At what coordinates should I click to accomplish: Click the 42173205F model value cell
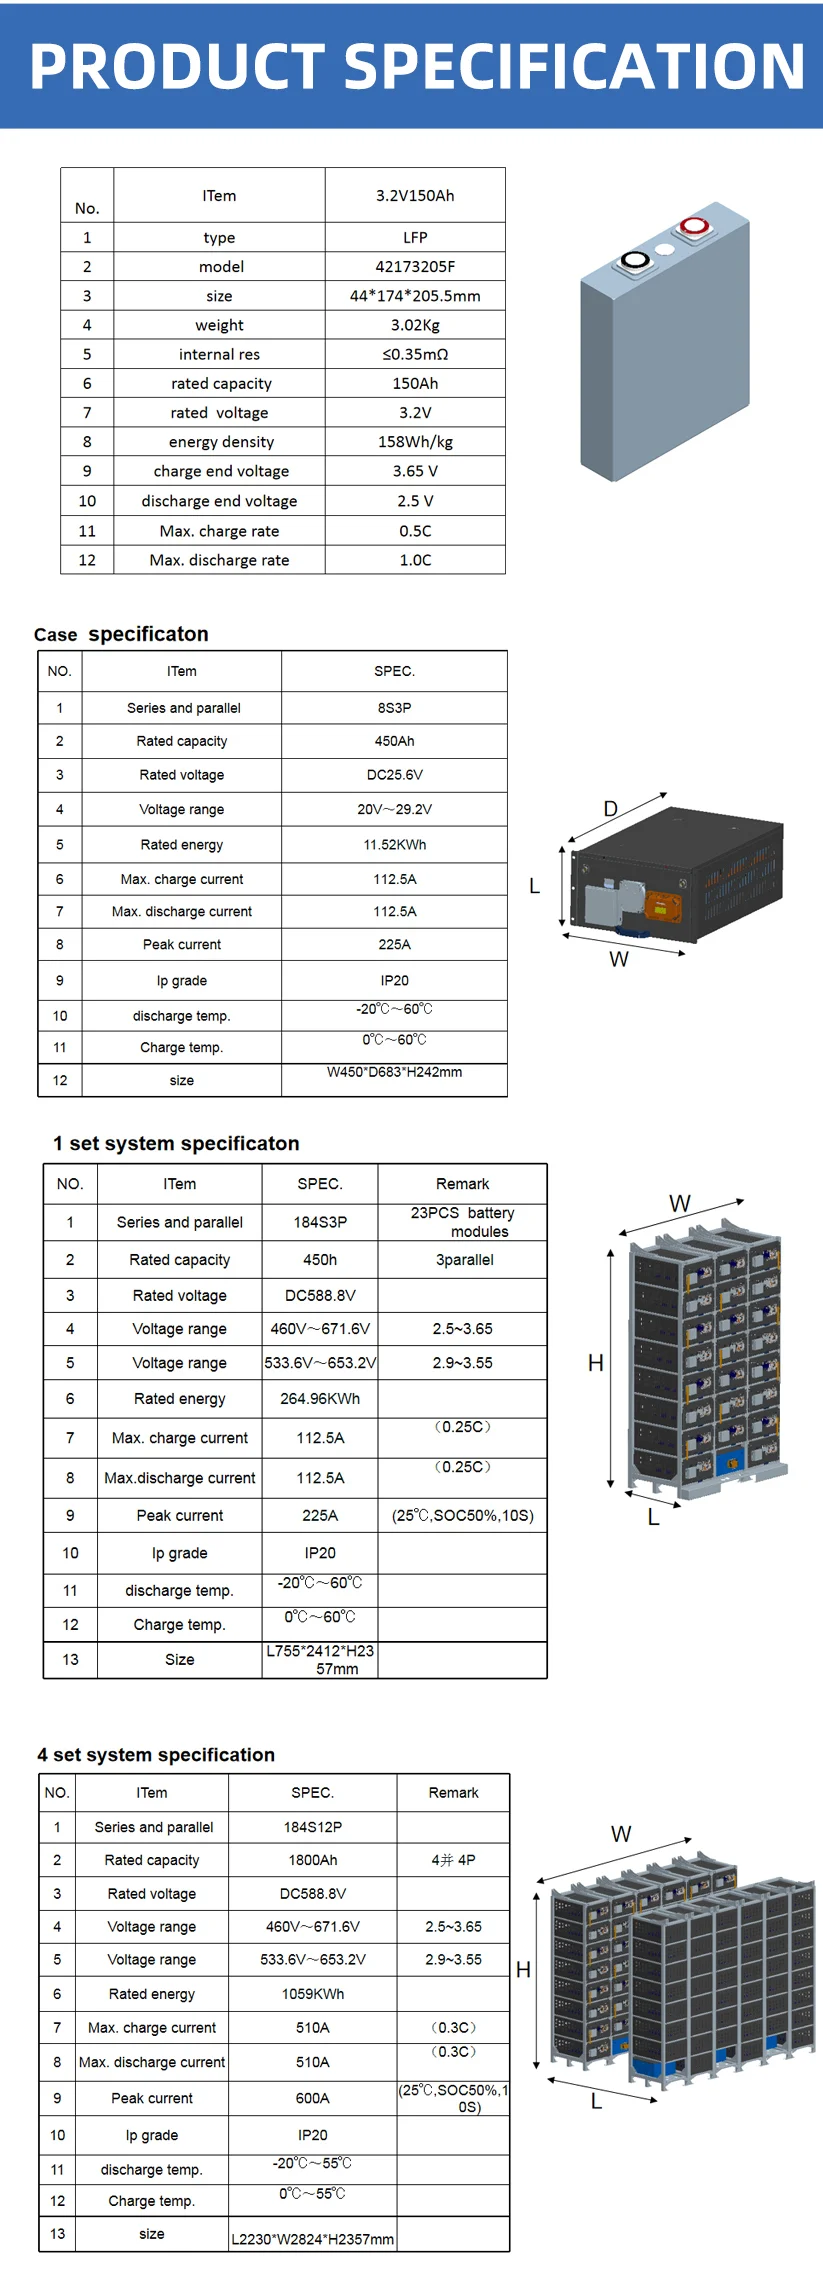(x=415, y=267)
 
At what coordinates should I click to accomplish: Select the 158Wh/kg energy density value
(x=415, y=442)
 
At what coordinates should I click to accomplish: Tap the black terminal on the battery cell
(x=635, y=261)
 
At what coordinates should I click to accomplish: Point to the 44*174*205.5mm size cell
(x=415, y=296)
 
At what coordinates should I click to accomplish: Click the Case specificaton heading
(x=121, y=634)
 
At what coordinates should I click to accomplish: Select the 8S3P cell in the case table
(x=394, y=708)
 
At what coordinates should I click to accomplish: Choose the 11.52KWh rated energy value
(x=394, y=845)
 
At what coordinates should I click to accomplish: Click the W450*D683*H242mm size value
(x=394, y=1072)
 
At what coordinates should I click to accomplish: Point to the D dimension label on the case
(x=611, y=809)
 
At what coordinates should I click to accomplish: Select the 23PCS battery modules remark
(x=462, y=1222)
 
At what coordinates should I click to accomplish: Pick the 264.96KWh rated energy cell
(x=320, y=1399)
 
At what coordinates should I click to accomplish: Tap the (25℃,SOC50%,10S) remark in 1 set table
(x=462, y=1515)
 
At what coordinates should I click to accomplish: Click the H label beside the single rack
(x=596, y=1363)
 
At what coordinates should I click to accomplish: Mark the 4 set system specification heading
(x=156, y=1755)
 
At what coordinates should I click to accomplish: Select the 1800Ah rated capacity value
(x=312, y=1860)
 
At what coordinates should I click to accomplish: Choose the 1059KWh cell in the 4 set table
(x=312, y=1994)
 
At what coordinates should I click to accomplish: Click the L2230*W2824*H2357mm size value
(x=312, y=2240)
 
